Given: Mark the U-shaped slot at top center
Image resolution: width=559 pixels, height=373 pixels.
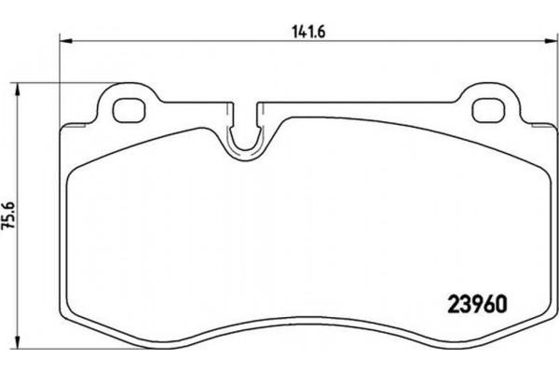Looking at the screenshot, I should (245, 140).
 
